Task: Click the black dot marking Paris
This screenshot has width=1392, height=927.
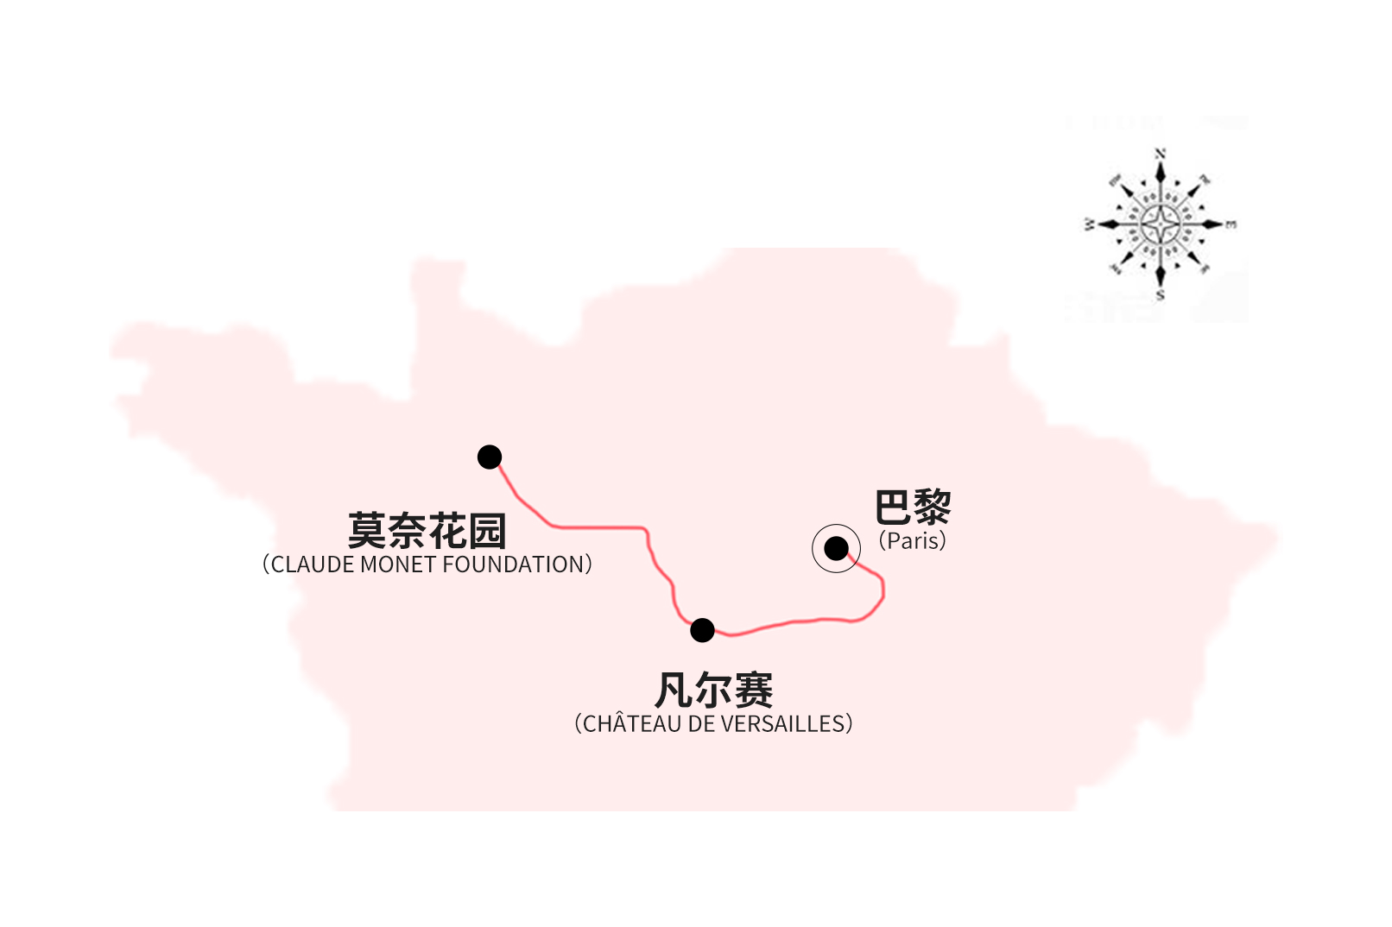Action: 836,549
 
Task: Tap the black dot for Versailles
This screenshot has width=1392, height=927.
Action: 702,630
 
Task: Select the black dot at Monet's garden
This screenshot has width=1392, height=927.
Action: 490,457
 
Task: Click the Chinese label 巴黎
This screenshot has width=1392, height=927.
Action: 913,507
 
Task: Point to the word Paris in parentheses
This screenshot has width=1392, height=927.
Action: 912,540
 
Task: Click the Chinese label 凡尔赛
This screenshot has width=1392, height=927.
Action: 714,691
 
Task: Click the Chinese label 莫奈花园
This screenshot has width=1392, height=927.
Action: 427,531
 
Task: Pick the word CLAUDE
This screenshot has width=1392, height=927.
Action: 313,564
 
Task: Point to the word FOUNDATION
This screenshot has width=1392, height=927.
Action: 513,564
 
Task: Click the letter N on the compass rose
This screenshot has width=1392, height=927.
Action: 1160,154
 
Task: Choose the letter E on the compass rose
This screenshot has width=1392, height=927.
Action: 1231,224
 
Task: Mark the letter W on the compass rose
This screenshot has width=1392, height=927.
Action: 1089,224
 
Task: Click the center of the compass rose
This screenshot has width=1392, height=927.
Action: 1160,224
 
